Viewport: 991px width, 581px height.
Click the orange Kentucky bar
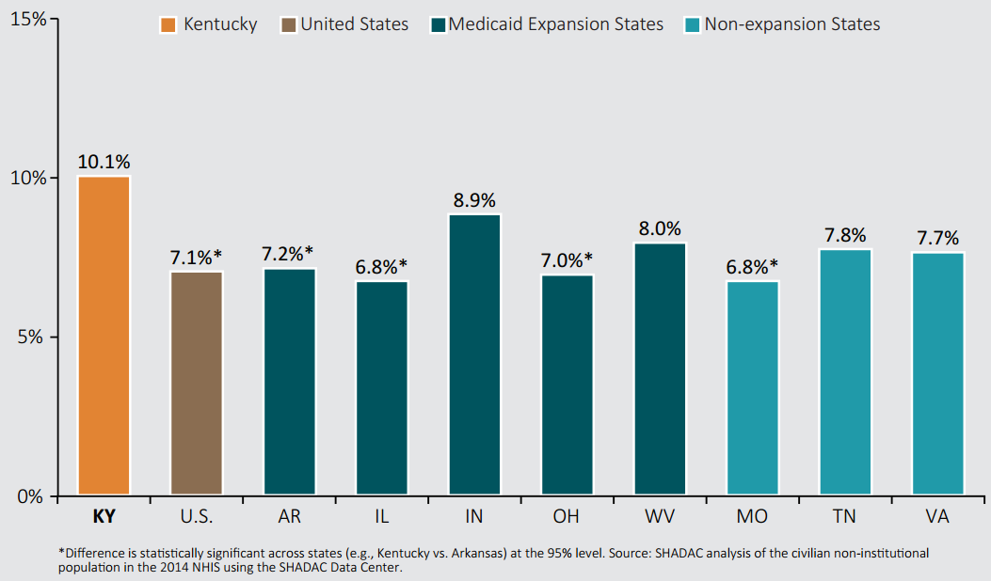click(x=104, y=336)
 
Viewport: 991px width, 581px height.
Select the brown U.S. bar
click(x=197, y=383)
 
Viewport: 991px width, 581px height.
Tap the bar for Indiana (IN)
click(x=474, y=354)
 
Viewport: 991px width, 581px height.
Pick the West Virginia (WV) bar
click(x=660, y=369)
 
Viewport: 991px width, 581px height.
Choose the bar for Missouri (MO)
click(x=752, y=387)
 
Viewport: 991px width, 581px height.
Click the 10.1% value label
click(x=104, y=162)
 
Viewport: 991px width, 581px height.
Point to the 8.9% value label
click(x=474, y=200)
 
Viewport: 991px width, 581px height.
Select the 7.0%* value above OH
click(x=567, y=260)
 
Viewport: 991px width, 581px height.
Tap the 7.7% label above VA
click(x=938, y=238)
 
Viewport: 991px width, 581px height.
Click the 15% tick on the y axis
click(x=28, y=19)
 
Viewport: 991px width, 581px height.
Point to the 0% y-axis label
click(x=30, y=496)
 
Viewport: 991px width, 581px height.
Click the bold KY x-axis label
click(x=104, y=516)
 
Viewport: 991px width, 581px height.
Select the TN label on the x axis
click(x=844, y=516)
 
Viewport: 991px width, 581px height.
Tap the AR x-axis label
click(x=290, y=516)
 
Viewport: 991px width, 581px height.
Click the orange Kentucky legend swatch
click(x=168, y=24)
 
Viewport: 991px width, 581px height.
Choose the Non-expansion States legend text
click(x=791, y=24)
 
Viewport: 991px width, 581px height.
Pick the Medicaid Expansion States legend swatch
click(x=438, y=24)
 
